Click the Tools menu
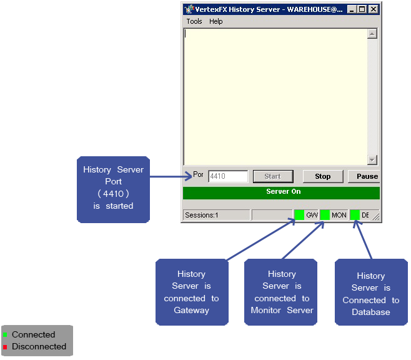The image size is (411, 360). coord(194,21)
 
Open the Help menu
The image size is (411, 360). coord(215,21)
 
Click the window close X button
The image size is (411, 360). coord(373,9)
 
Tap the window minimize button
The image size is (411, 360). coord(352,9)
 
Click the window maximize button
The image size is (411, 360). coord(362,9)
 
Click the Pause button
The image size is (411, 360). coord(366,176)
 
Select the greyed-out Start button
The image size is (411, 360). coord(272,176)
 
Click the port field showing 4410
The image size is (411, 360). coord(228,176)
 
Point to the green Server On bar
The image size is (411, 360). coord(281,192)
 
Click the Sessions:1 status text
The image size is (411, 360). coord(202,215)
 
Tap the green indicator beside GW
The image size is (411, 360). coord(299,215)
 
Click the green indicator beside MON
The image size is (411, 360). coord(325,215)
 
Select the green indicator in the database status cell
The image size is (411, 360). coord(355,215)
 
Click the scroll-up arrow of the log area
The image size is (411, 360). coord(372,34)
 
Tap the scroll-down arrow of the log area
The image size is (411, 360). coord(372,160)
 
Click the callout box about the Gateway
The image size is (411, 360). coord(191,292)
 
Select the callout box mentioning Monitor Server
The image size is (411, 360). coord(280,292)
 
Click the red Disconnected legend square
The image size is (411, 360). coord(6,347)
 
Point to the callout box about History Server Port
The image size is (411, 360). coord(113,189)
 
